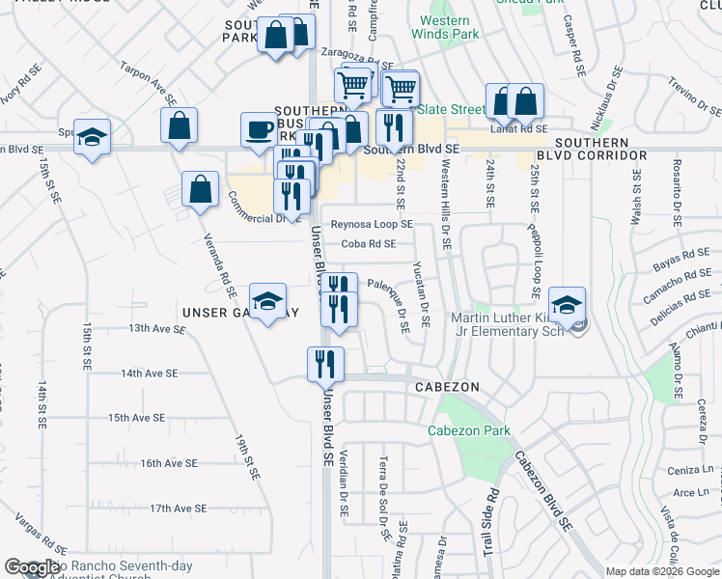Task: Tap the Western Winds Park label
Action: (445, 27)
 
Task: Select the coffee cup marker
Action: (259, 129)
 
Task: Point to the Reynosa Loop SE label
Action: (372, 224)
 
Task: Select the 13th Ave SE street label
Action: (157, 329)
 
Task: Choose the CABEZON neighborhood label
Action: (447, 385)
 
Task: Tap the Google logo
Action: (31, 567)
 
